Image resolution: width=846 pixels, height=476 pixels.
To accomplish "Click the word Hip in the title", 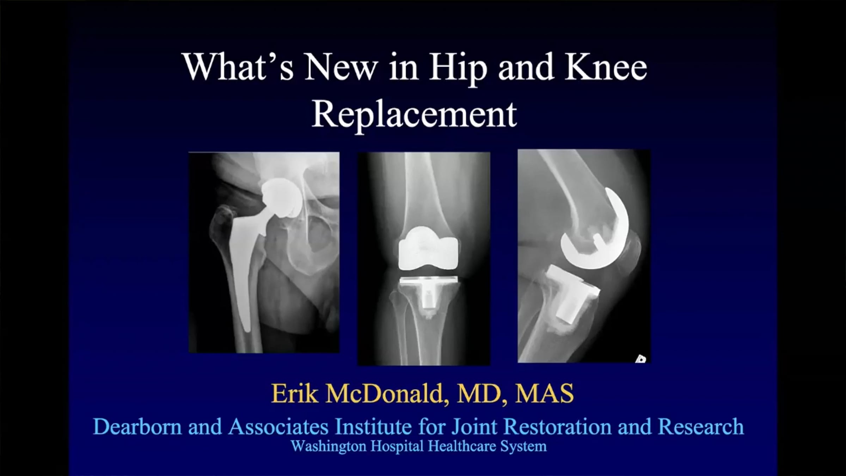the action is [x=458, y=67].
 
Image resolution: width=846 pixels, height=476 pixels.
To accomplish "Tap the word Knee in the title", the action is [x=606, y=67].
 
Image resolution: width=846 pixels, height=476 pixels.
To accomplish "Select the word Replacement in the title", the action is [x=414, y=114].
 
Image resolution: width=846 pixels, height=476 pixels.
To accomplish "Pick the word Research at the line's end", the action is [x=701, y=426].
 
